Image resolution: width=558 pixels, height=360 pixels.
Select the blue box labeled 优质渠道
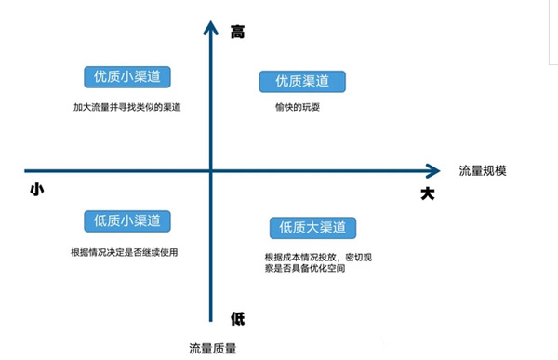pyautogui.click(x=301, y=81)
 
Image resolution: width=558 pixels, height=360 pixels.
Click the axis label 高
pyautogui.click(x=238, y=33)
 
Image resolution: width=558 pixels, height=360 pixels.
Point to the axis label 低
pyautogui.click(x=238, y=318)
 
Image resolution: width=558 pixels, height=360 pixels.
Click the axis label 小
pyautogui.click(x=37, y=189)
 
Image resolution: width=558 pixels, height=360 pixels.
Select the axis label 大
pyautogui.click(x=428, y=193)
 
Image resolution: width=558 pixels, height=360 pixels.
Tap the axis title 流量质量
pyautogui.click(x=212, y=348)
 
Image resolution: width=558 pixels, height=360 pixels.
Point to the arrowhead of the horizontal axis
pyautogui.click(x=432, y=170)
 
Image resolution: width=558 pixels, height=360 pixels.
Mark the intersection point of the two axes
pyautogui.click(x=212, y=170)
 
